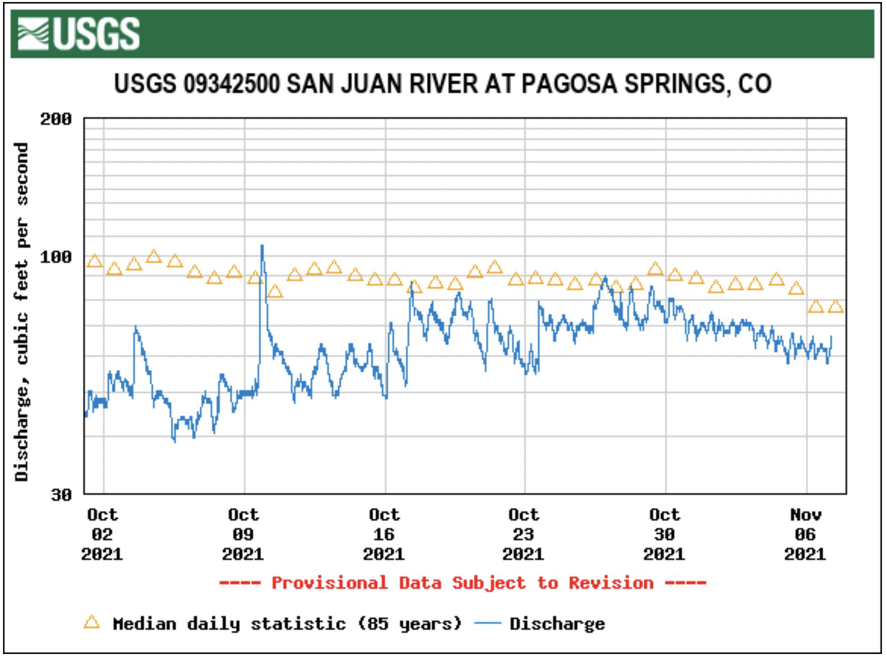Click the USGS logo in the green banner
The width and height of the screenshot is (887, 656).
(79, 34)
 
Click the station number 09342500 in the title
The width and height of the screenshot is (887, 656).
(231, 84)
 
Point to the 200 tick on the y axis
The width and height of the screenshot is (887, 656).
(56, 119)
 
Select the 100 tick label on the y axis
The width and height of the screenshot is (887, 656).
(56, 257)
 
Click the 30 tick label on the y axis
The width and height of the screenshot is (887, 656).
(62, 495)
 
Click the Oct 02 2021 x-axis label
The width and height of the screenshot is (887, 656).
(103, 535)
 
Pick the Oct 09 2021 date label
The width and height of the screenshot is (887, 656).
(243, 535)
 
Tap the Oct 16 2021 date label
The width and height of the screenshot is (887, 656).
(384, 535)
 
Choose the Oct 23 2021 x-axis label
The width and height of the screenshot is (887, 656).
(524, 535)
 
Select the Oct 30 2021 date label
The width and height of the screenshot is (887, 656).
(664, 535)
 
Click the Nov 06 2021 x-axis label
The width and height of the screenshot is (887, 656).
(805, 535)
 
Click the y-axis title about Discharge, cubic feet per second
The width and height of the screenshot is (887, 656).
(22, 311)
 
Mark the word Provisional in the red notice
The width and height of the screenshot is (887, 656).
(329, 583)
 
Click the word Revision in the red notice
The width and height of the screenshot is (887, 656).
(611, 583)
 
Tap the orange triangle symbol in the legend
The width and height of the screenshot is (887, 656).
(91, 622)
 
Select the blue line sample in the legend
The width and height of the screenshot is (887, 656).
(488, 624)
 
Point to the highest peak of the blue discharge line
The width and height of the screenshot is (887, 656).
(262, 246)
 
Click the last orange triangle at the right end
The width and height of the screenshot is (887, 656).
(835, 306)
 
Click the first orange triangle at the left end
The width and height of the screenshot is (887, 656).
(94, 261)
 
